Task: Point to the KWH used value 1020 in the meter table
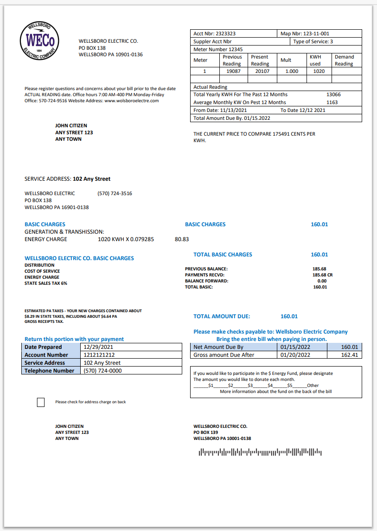click(x=319, y=72)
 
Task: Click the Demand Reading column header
click(x=344, y=60)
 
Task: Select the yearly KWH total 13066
click(x=333, y=94)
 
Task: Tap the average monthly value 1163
click(x=332, y=102)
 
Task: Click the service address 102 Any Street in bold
click(x=92, y=179)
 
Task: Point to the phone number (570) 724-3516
click(x=115, y=193)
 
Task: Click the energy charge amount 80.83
click(x=182, y=240)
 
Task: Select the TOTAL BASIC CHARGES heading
click(x=223, y=255)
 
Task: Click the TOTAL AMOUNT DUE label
click(x=222, y=316)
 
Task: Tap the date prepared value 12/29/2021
click(x=98, y=347)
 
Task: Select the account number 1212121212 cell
click(x=99, y=355)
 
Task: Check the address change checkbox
click(x=41, y=402)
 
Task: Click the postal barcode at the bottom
click(x=260, y=452)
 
